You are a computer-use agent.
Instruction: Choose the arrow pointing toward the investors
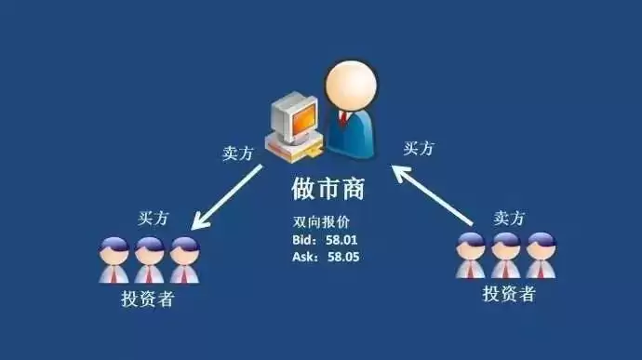(228, 197)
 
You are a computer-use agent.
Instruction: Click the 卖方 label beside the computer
(237, 154)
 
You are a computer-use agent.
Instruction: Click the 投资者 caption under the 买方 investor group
(147, 300)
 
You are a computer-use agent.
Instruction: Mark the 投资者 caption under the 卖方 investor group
(508, 295)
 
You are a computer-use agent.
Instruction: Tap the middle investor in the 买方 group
(149, 260)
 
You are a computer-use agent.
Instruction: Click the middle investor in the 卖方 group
(505, 256)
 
